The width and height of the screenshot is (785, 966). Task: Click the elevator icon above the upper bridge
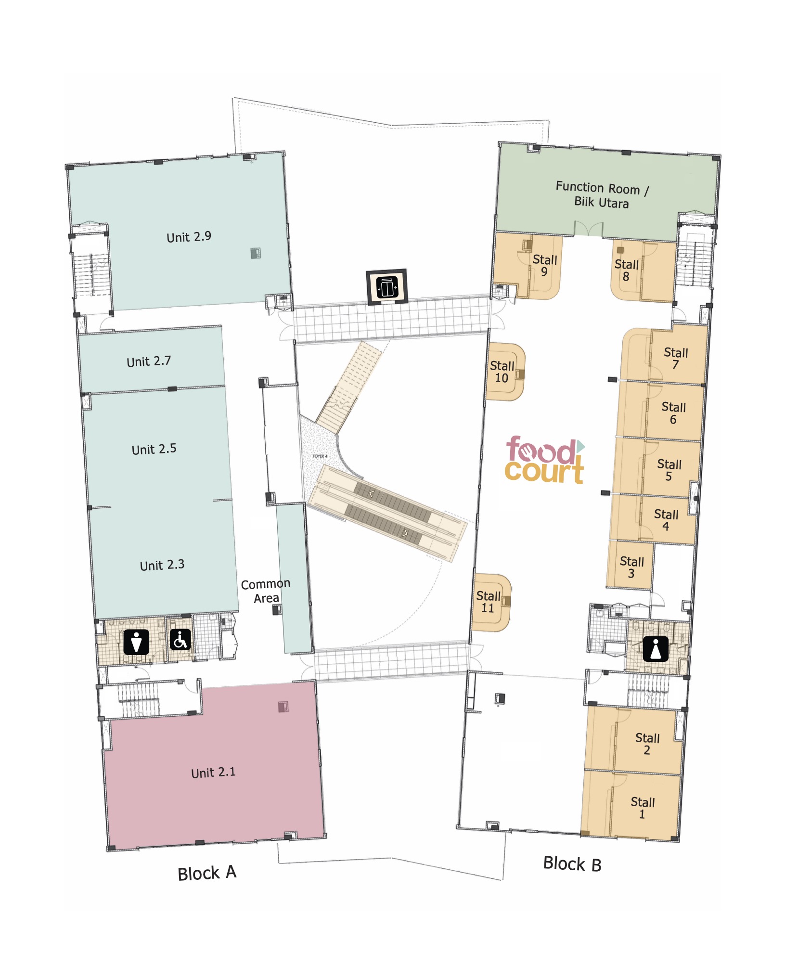[387, 287]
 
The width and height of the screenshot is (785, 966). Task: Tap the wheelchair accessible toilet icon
[180, 640]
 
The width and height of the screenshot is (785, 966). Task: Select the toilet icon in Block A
[136, 642]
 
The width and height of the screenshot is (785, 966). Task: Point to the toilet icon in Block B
[656, 649]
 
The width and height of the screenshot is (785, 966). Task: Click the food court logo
[545, 460]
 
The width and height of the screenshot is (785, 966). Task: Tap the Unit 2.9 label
[189, 237]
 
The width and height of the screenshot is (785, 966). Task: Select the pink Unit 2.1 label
[213, 773]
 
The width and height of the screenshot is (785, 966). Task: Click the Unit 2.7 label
[149, 361]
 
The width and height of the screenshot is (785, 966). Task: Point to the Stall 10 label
[502, 372]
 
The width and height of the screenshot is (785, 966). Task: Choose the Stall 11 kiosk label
[489, 602]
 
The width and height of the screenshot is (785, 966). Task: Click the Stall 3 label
[631, 567]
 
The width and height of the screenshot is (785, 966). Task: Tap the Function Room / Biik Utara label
[602, 194]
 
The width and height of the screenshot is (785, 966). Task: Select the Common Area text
[266, 591]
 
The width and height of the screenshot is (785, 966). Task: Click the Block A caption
[207, 873]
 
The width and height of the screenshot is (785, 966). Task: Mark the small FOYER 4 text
[320, 456]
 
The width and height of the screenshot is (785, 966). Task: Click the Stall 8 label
[626, 270]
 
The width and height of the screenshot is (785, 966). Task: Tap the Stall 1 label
[643, 808]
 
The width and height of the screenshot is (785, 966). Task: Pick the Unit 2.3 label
[162, 565]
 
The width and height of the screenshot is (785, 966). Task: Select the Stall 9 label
[544, 266]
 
